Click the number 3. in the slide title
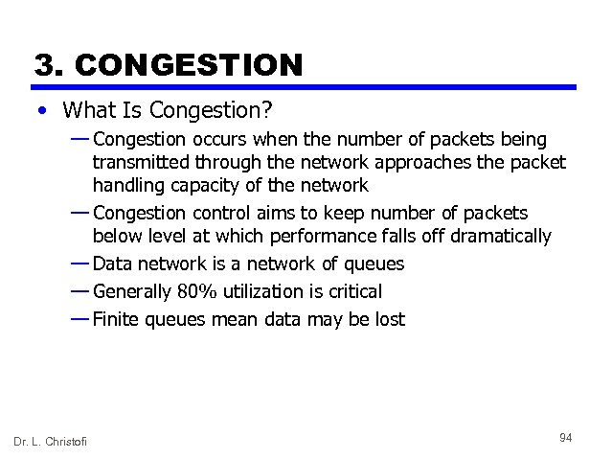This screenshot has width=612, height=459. pos(49,64)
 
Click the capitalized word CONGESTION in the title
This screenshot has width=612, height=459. pos(188,64)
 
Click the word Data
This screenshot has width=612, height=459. pos(113,264)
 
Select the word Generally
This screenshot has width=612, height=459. pos(133,291)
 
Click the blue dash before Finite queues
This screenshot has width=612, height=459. pos(79,318)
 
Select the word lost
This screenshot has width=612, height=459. pos(388,319)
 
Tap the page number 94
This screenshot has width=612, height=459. pos(565,438)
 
